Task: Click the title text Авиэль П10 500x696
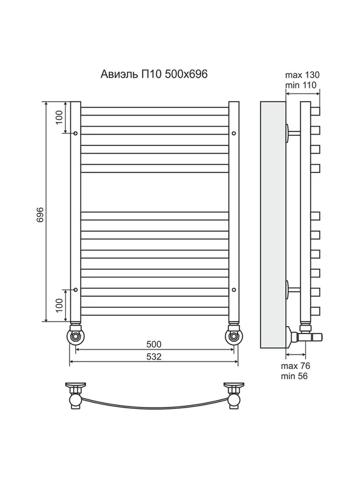[x=154, y=74]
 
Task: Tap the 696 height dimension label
[x=40, y=215]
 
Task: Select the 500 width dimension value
[x=153, y=344]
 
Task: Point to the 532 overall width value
[x=153, y=356]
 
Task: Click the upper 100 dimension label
[x=59, y=117]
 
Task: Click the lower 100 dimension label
[x=59, y=305]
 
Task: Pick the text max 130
[x=302, y=75]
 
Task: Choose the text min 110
[x=301, y=85]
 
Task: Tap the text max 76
[x=296, y=366]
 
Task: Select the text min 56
[x=294, y=376]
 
